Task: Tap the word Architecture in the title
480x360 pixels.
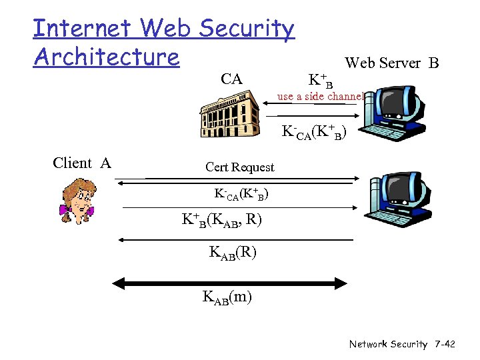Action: tap(107, 57)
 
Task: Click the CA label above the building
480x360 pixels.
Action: tap(231, 79)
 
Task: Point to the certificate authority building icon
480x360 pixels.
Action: tap(230, 112)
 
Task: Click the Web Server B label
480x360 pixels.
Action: tap(391, 63)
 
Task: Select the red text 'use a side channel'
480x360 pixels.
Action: tap(321, 96)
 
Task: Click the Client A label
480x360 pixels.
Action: tap(82, 163)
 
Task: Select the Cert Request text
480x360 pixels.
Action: tap(239, 167)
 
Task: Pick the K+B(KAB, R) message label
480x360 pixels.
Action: tap(222, 219)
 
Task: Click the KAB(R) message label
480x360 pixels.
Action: tap(233, 253)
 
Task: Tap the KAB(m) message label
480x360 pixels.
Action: tap(227, 297)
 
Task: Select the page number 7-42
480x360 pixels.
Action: tap(443, 344)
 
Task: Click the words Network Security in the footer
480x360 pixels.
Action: tap(388, 344)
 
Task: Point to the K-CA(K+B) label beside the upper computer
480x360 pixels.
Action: tap(314, 131)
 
